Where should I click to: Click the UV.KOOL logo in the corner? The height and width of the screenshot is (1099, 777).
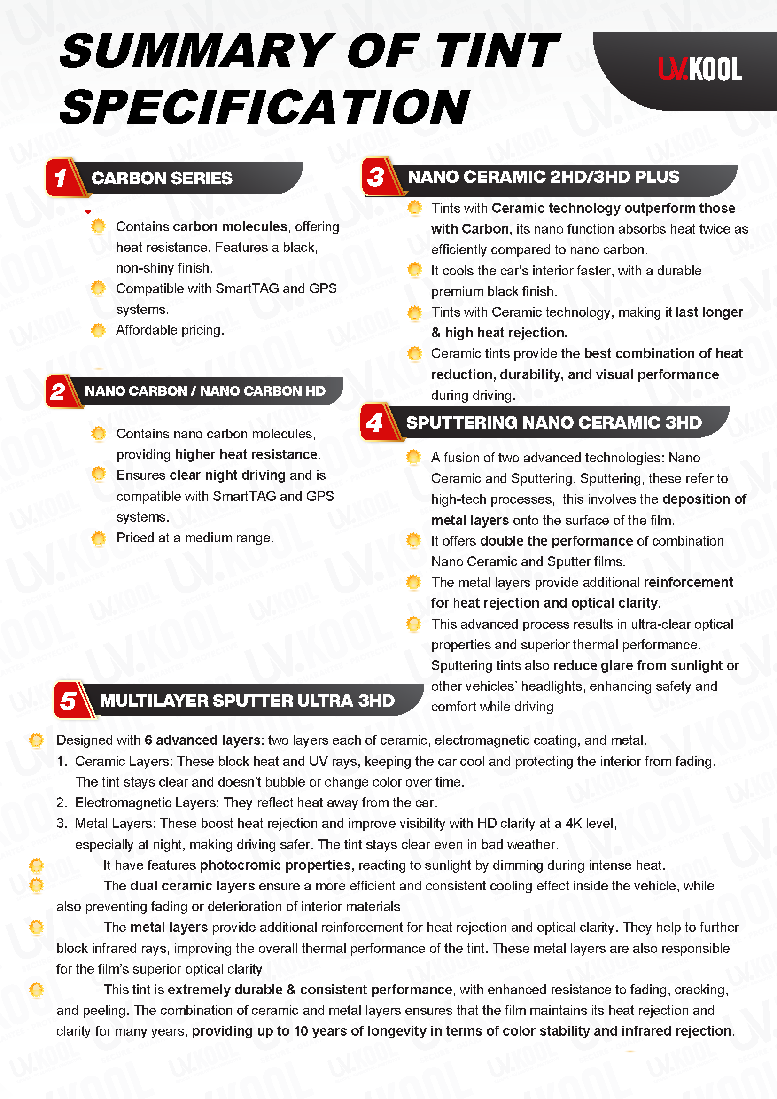click(699, 70)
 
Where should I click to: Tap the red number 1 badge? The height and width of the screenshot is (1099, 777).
click(61, 178)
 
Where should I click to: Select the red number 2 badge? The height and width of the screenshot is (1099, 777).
click(58, 391)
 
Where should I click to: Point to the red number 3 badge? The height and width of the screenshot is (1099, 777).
click(376, 177)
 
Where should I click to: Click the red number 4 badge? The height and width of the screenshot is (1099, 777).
click(374, 423)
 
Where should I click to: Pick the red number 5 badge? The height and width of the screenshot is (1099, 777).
click(69, 701)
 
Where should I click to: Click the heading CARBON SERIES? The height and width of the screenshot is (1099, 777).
click(162, 179)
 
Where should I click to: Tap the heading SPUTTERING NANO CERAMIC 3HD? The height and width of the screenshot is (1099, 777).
click(553, 423)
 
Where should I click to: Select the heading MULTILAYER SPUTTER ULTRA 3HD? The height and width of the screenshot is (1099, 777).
click(247, 701)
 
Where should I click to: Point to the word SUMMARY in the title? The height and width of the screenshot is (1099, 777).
click(197, 51)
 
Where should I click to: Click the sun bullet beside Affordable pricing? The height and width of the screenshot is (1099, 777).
click(98, 330)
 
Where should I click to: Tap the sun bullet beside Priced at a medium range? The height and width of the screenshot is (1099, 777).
click(99, 538)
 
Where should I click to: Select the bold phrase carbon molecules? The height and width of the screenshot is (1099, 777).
click(230, 226)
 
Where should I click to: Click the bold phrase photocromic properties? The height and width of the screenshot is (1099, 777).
click(275, 865)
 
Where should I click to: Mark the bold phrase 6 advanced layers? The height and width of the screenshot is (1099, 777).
click(202, 740)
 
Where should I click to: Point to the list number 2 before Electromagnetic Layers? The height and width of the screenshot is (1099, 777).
click(61, 803)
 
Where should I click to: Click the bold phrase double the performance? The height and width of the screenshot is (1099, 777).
click(556, 541)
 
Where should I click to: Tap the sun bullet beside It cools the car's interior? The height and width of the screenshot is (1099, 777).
click(414, 270)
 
